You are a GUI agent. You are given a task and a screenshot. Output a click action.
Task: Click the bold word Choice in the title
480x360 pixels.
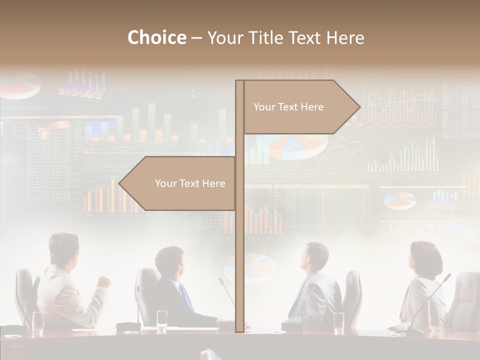(156, 38)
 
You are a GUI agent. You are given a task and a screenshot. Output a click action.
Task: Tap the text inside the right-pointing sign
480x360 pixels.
(288, 107)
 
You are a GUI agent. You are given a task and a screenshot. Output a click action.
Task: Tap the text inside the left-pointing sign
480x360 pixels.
(190, 183)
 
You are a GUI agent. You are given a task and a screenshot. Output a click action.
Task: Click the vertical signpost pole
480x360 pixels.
(239, 225)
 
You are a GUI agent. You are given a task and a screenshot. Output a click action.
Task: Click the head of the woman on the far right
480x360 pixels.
(423, 256)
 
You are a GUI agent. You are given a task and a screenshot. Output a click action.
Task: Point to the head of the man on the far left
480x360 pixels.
(64, 248)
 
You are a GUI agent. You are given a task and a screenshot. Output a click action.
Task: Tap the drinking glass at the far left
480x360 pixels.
(37, 322)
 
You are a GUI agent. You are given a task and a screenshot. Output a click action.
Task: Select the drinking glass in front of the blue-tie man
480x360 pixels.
(162, 320)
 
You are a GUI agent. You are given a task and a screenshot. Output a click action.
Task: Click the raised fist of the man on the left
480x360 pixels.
(103, 281)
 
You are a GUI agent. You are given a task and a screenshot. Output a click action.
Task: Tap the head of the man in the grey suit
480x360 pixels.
(316, 256)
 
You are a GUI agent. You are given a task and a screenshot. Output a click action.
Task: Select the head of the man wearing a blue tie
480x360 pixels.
(170, 262)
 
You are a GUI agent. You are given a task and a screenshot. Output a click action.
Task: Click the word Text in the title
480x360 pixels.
(305, 38)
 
